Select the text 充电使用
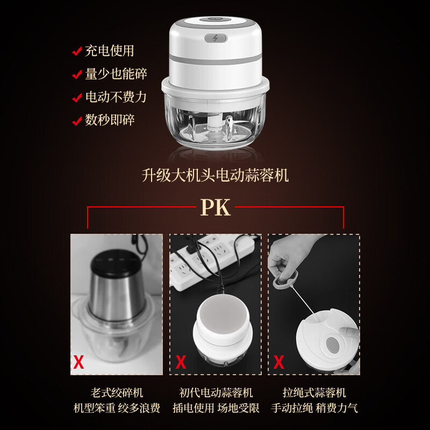pyautogui.click(x=109, y=52)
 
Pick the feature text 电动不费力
pyautogui.click(x=116, y=97)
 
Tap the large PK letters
pyautogui.click(x=215, y=207)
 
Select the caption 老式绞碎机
pyautogui.click(x=117, y=393)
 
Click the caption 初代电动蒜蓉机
pyautogui.click(x=215, y=393)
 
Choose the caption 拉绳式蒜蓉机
pyautogui.click(x=314, y=393)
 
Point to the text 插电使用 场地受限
pyautogui.click(x=215, y=408)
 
